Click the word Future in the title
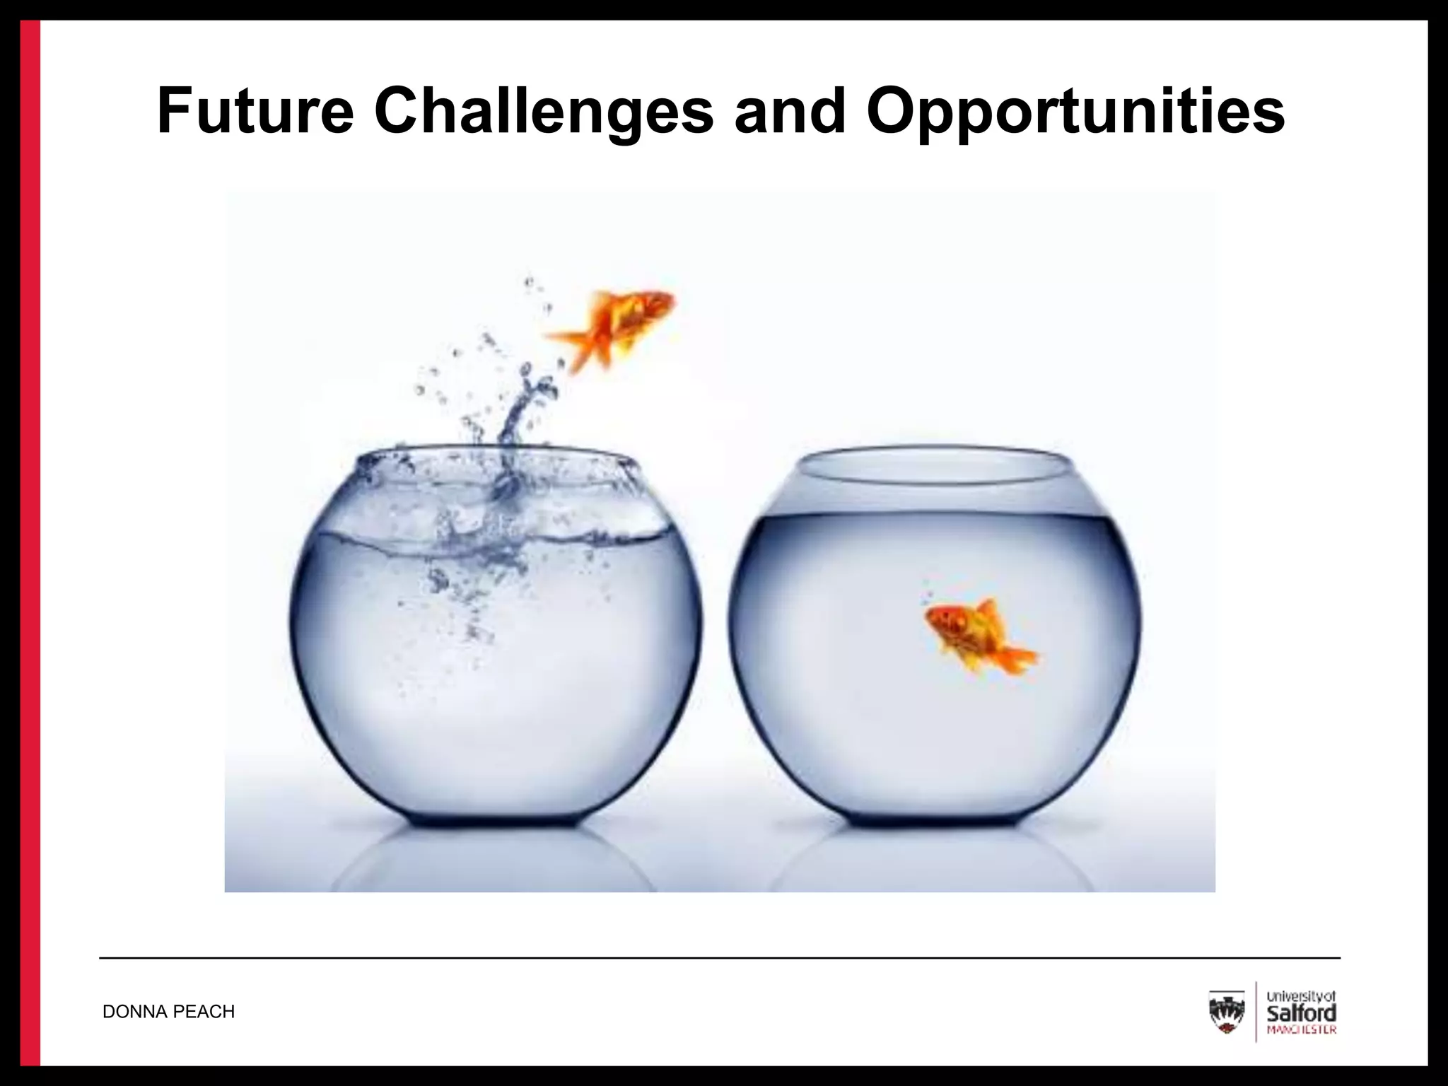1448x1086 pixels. pos(254,111)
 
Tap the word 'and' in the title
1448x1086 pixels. pos(790,111)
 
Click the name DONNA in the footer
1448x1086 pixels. pos(135,1012)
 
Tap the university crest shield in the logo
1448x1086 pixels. pos(1227,1012)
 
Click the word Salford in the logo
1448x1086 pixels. pos(1302,1012)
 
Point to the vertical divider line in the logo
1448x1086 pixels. pos(1256,1012)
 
